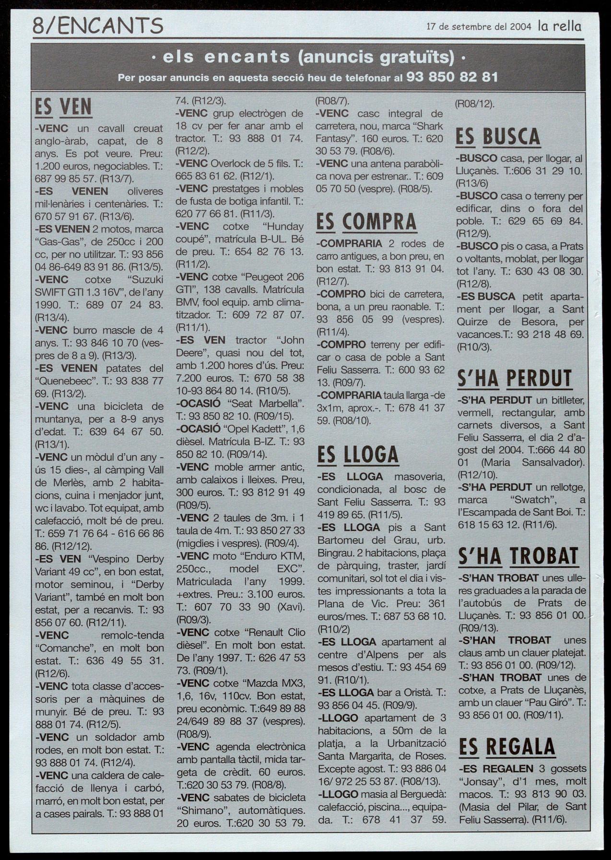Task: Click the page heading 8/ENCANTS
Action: (98, 25)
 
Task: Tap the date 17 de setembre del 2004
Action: (478, 27)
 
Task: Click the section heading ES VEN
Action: (63, 107)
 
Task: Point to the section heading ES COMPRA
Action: (366, 222)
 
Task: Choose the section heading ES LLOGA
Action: (358, 455)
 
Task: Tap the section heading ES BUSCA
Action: (498, 136)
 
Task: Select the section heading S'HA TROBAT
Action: (518, 556)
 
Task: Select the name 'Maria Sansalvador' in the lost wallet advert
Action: (532, 463)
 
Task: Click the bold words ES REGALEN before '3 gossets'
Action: (497, 768)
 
